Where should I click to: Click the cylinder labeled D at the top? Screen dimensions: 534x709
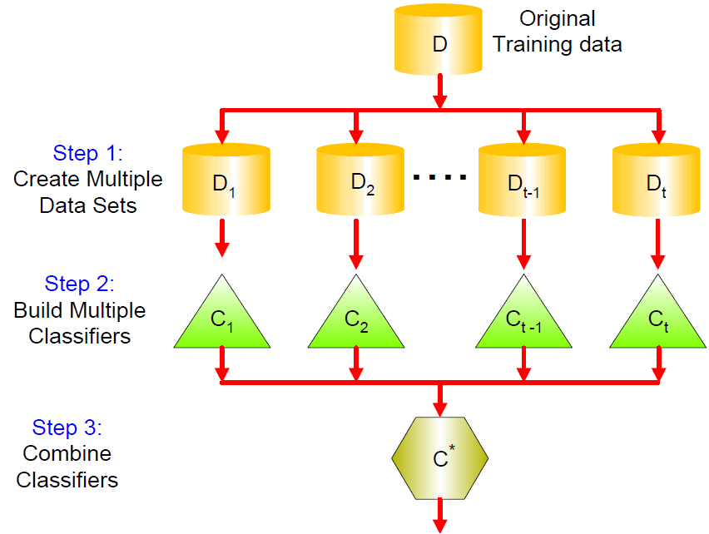tap(438, 42)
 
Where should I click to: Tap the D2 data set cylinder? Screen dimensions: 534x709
tap(359, 179)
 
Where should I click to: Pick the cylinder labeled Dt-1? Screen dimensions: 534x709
tap(522, 179)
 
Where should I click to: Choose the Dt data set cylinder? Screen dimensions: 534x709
tap(657, 179)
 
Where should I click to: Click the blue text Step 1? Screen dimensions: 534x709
tap(88, 153)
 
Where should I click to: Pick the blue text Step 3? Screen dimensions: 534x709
tap(67, 428)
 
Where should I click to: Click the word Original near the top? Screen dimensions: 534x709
tap(557, 18)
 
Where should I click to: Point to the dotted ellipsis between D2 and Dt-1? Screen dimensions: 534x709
tap(440, 178)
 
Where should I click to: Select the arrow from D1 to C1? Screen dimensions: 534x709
tap(222, 240)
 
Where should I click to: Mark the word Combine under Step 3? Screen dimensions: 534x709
tap(67, 454)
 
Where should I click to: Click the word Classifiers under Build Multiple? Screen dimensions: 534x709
tap(79, 337)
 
